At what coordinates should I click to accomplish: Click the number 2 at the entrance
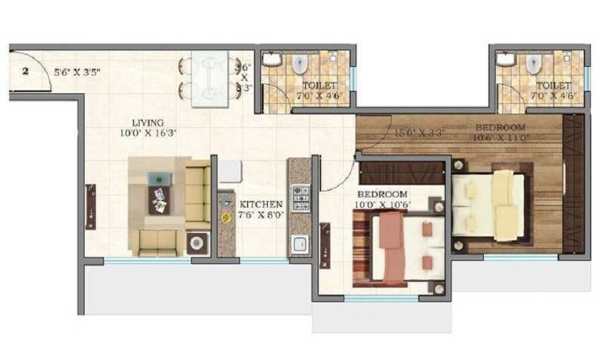point(25,70)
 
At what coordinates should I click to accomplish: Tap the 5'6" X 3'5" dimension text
point(77,70)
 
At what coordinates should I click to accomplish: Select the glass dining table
point(209,78)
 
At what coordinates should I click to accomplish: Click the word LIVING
point(148,123)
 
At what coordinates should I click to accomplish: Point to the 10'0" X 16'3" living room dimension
point(148,133)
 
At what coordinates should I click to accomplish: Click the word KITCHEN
point(260,204)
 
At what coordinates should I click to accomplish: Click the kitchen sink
point(299,244)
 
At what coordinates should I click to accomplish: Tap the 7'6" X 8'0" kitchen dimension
point(260,216)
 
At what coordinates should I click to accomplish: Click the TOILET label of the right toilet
point(554,86)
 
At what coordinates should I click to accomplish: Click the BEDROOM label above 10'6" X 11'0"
point(500,127)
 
